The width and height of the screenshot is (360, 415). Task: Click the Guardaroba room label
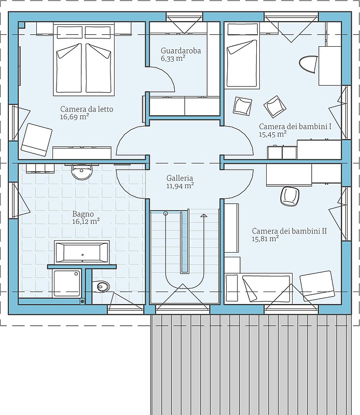[181, 50]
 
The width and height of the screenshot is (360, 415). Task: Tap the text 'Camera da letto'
[87, 109]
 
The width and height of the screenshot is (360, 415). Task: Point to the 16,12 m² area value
[86, 222]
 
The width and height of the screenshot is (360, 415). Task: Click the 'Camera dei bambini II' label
[289, 231]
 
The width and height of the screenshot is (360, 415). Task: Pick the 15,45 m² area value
[273, 134]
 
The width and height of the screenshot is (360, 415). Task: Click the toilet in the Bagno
[101, 286]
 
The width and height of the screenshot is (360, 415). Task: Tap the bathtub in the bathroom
[82, 252]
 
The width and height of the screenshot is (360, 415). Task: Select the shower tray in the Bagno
[66, 283]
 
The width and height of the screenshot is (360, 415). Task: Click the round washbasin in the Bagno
[82, 172]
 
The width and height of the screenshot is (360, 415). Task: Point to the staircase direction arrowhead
[204, 215]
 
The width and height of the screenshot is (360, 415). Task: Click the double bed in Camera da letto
[84, 59]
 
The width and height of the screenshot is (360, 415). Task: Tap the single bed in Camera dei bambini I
[242, 56]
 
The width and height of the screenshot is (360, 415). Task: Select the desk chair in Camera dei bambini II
[289, 196]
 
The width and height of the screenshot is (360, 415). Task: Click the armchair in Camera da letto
[36, 140]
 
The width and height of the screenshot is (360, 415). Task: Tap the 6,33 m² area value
[173, 58]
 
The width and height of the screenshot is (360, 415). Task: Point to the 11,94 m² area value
[180, 186]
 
